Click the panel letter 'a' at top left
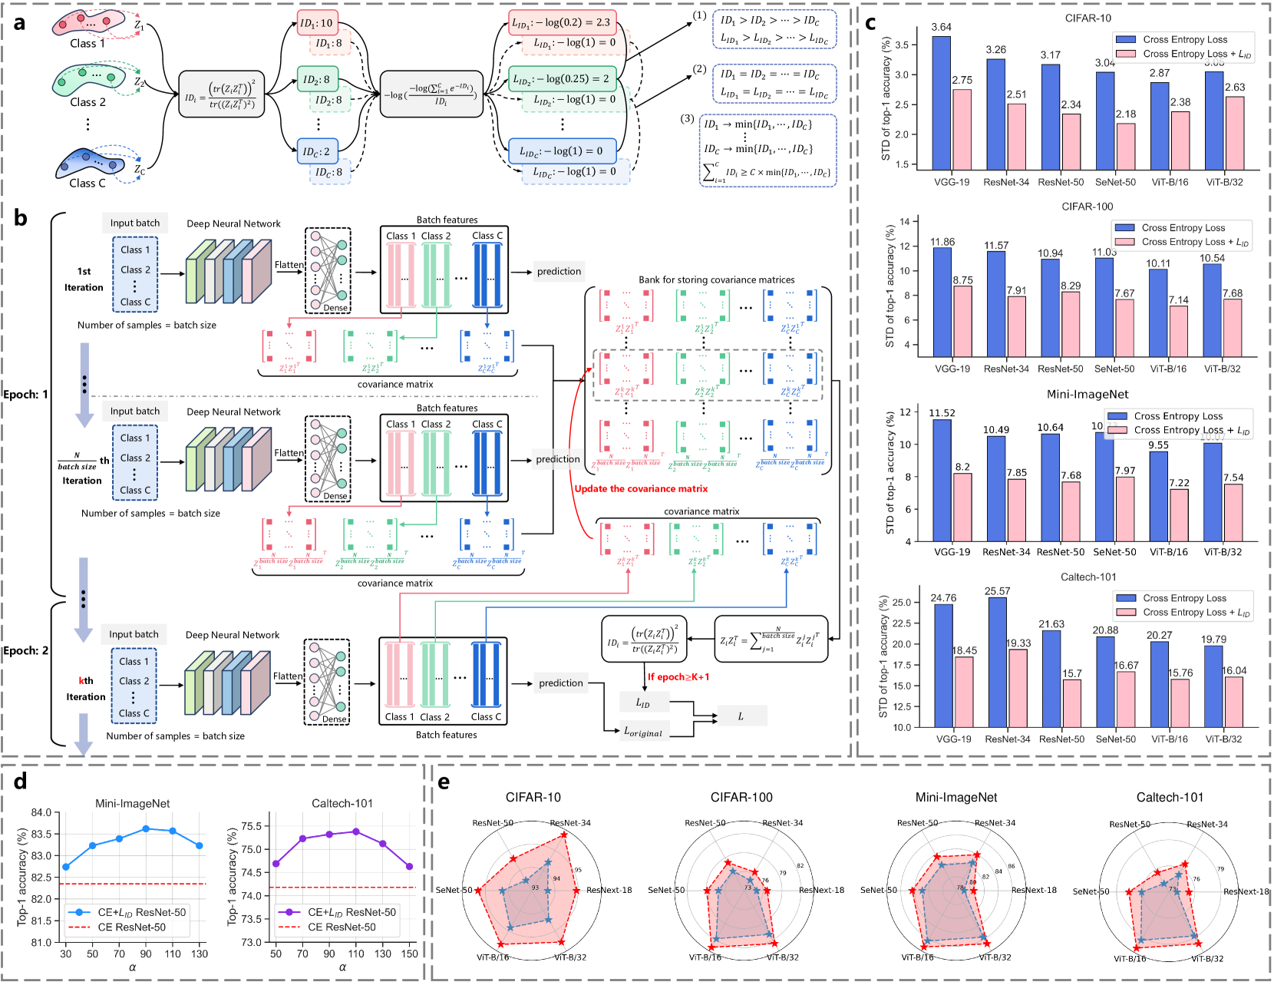click(19, 23)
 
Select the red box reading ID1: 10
click(317, 23)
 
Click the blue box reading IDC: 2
click(316, 152)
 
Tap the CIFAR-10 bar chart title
click(1088, 18)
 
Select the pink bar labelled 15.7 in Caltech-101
click(1071, 703)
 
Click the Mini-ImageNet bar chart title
click(1088, 395)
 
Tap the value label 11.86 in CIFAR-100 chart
click(942, 242)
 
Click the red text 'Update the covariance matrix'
click(641, 489)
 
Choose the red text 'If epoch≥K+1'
click(678, 677)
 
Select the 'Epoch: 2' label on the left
click(25, 651)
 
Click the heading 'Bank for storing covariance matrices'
click(716, 280)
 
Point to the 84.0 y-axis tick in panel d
click(41, 812)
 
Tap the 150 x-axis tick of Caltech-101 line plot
click(409, 954)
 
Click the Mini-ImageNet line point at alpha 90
click(146, 829)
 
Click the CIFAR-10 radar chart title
click(533, 798)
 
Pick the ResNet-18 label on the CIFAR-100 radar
click(821, 891)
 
